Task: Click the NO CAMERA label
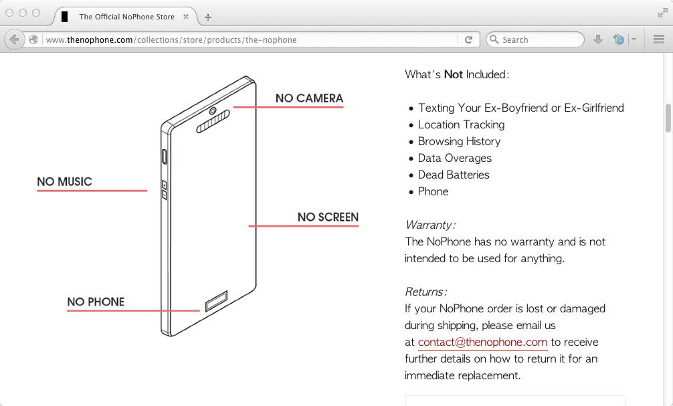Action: click(x=309, y=98)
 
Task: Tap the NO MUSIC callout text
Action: click(x=64, y=182)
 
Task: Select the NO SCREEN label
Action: click(x=328, y=217)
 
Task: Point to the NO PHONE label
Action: click(x=96, y=302)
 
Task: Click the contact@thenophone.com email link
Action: click(x=482, y=342)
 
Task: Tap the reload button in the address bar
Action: click(x=468, y=39)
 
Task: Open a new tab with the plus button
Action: click(x=208, y=17)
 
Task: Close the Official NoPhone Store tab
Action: click(x=185, y=17)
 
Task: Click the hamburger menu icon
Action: click(x=658, y=39)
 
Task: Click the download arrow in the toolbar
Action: click(x=598, y=39)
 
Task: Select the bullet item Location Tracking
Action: click(x=461, y=124)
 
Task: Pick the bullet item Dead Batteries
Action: click(x=454, y=175)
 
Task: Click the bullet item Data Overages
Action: click(x=454, y=158)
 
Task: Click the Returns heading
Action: click(x=425, y=292)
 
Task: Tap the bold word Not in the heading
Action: click(x=454, y=74)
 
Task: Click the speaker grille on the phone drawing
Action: click(x=213, y=122)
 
